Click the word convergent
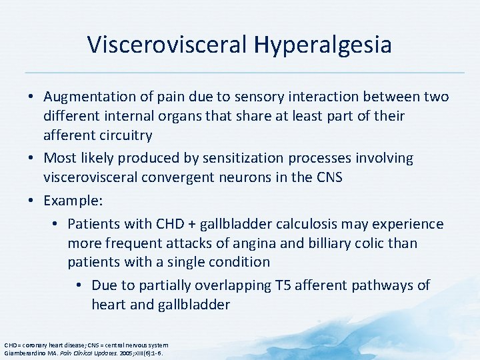pos(177,177)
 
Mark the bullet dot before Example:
pos(33,200)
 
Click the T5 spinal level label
pos(283,285)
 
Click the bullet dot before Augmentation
pos(33,97)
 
